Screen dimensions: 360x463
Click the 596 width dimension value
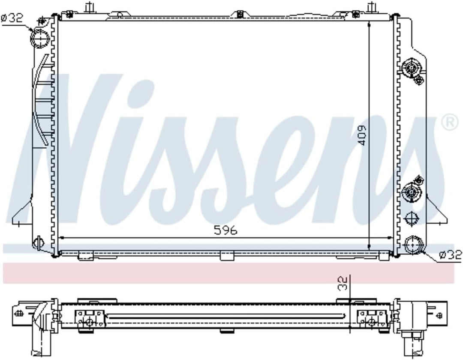coord(225,231)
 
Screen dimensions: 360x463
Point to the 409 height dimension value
coord(362,135)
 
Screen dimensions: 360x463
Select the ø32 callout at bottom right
coord(451,256)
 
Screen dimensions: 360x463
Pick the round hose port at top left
coord(39,39)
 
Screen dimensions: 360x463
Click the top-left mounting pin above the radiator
coord(90,8)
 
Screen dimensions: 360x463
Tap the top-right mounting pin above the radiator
coord(372,8)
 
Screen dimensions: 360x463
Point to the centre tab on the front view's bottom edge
coord(227,256)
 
